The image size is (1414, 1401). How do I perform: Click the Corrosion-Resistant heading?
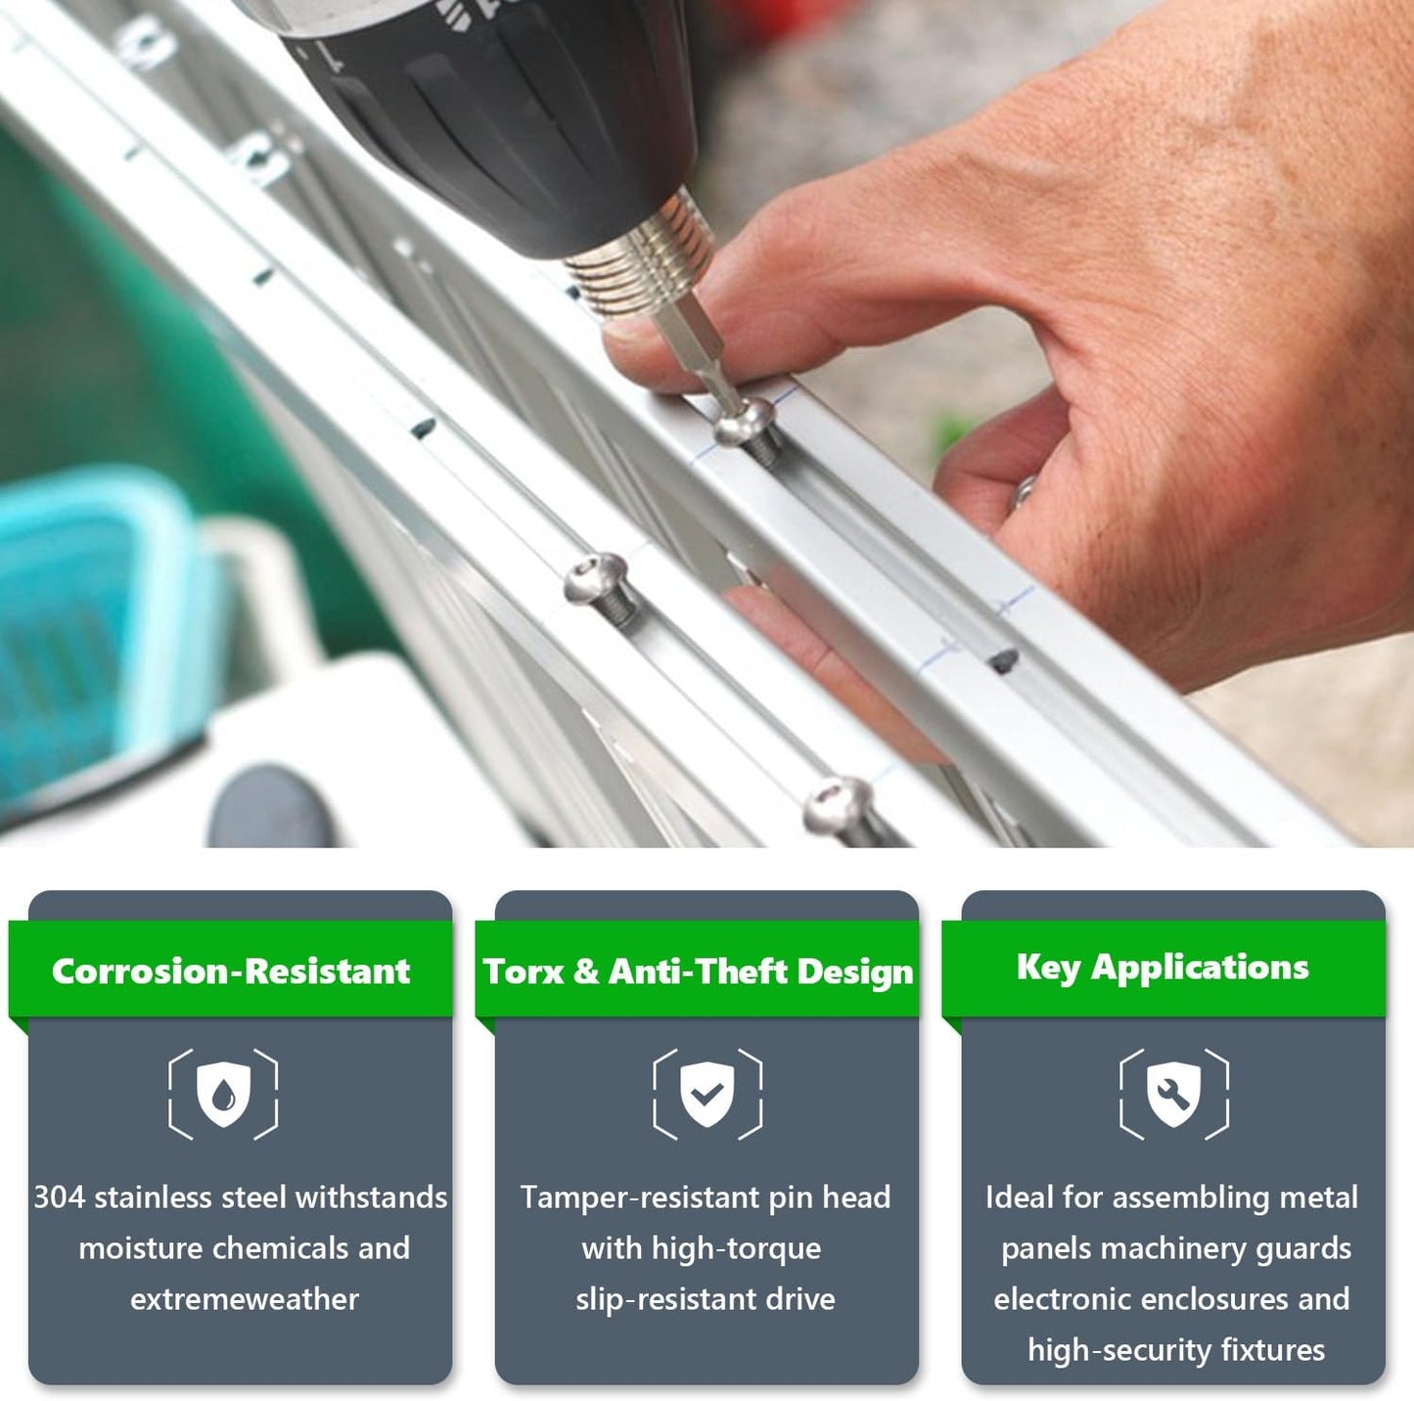coord(230,971)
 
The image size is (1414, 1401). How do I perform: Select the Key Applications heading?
coord(1163,968)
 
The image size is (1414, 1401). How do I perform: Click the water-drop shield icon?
coord(223,1094)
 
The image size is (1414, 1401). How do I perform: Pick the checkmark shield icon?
coord(707,1094)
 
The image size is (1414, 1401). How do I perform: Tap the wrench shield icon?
coord(1173,1094)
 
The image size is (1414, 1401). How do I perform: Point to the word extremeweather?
coord(245,1299)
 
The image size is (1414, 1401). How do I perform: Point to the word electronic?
coord(1064,1299)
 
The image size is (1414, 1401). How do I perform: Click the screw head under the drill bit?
coord(745,423)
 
